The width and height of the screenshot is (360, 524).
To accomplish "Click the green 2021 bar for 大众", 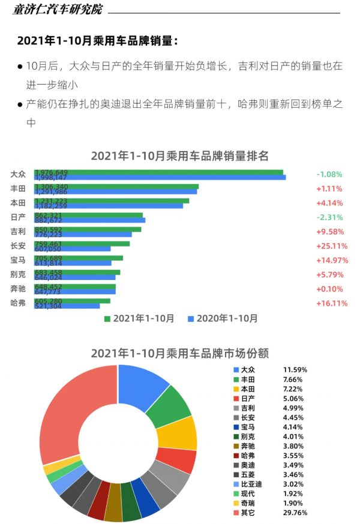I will pos(159,172).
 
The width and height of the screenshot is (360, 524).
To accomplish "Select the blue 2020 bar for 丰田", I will pos(116,192).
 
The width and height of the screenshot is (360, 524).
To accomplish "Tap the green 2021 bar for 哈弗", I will pos(73,301).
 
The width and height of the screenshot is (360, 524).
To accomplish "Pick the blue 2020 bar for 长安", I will pos(73,249).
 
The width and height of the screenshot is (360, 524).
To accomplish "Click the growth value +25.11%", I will pos(332,246).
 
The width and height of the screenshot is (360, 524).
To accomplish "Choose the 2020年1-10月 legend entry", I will pos(223,318).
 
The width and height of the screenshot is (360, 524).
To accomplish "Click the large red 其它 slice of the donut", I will pos(69,420).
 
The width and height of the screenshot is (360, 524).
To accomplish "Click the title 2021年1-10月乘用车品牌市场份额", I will pos(179,353).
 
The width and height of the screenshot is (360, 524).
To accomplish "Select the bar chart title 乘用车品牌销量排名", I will pos(179,156).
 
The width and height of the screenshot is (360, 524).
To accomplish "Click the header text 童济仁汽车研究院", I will pos(58,10).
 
